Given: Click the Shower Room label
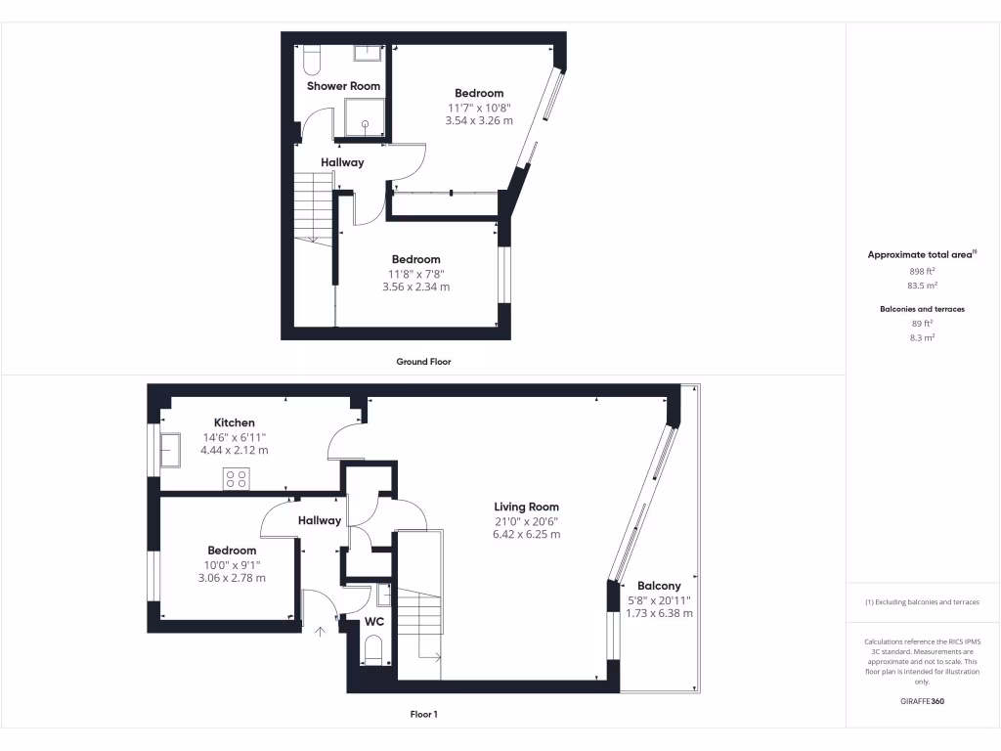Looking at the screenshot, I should pos(343,86).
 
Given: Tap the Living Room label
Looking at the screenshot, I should pos(526,507).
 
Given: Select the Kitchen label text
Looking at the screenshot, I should pos(234,422).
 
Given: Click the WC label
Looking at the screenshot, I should pos(374,621).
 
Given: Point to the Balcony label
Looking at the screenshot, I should pos(660,586).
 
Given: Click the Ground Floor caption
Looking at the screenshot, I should pos(423,362).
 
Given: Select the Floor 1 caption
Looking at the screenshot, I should pos(423,715).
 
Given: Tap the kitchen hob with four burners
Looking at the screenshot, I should pos(236,478).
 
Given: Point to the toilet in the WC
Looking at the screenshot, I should pos(372,649).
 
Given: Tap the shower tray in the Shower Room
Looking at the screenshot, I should pos(364,116).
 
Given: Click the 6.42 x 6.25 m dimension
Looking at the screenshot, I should pos(526,535).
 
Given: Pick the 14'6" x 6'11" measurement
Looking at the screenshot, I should pos(234,436).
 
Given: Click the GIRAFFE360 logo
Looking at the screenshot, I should pos(922,701).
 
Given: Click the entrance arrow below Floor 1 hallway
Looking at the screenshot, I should pos(321,631).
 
